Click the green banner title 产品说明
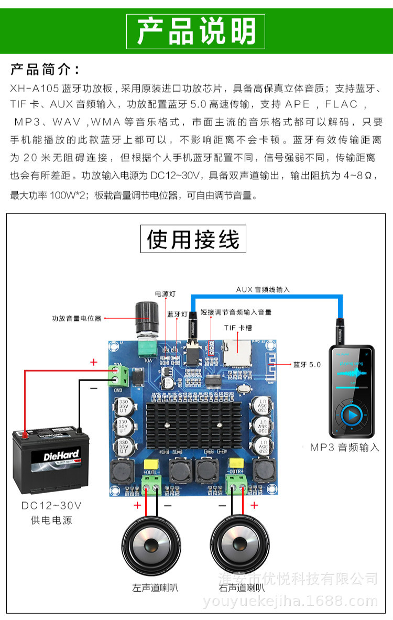click(x=196, y=31)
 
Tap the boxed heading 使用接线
click(x=193, y=239)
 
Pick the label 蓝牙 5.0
click(x=307, y=364)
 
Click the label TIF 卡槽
click(x=238, y=328)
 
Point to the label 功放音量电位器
click(x=77, y=318)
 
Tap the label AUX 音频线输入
click(x=263, y=289)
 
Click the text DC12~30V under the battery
click(x=51, y=506)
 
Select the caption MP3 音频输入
click(x=344, y=447)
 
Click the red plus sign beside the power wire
click(x=94, y=362)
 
